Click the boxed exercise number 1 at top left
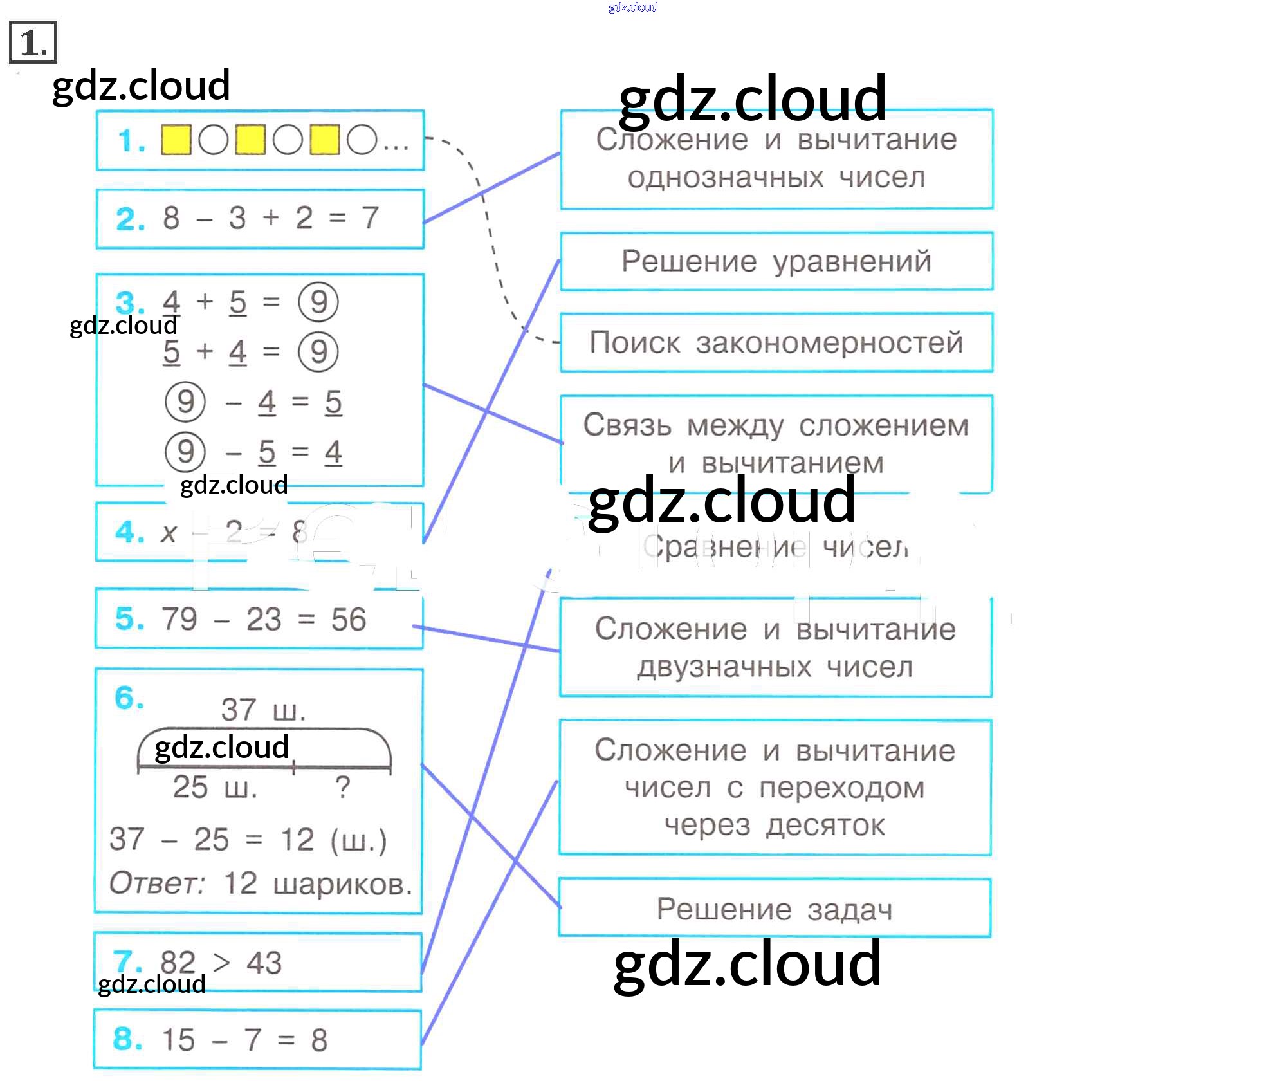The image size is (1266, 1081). (33, 42)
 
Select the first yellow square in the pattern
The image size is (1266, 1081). (176, 140)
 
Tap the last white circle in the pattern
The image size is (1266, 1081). (362, 140)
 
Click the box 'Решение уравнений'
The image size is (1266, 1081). (776, 261)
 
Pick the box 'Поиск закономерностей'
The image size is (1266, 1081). (776, 342)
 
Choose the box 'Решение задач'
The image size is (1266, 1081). (775, 909)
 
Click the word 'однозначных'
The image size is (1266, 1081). (725, 178)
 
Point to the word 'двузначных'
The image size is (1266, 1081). (724, 667)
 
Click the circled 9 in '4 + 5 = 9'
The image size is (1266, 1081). (318, 302)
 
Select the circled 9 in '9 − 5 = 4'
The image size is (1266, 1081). (185, 452)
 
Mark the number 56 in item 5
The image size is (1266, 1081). (348, 619)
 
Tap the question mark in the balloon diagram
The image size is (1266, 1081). (343, 787)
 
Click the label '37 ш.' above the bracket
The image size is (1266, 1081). (263, 710)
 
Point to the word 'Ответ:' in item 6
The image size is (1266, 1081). (156, 883)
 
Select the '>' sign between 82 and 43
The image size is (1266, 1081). (221, 963)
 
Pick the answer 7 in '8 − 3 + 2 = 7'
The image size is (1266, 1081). (370, 217)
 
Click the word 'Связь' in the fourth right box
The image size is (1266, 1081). (627, 425)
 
